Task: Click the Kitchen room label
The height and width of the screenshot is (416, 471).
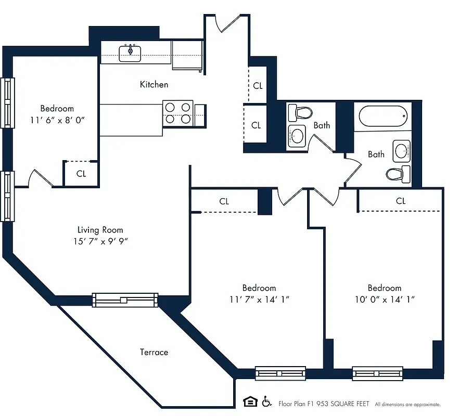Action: (154, 84)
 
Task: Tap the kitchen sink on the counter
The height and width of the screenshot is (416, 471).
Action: (130, 53)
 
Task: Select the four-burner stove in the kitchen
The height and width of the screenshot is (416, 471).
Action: (178, 113)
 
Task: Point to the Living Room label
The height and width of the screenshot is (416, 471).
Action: (100, 230)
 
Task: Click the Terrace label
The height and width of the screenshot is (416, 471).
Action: (154, 352)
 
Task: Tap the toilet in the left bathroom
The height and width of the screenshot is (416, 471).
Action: (300, 112)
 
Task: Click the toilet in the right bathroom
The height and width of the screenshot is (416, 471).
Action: (398, 173)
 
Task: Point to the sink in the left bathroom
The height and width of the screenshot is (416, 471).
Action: (297, 136)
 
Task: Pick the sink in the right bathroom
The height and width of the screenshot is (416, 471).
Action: (402, 151)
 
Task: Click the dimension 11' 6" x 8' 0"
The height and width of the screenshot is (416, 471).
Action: (57, 120)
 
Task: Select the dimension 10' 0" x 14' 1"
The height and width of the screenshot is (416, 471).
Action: (385, 300)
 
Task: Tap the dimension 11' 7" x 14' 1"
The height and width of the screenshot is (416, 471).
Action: (259, 300)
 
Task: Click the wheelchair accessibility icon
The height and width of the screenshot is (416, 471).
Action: (267, 401)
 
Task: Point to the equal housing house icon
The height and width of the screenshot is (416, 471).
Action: (250, 401)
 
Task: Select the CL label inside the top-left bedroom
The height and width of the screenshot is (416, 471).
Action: (81, 174)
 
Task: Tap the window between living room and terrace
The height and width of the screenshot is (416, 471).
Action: (125, 300)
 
